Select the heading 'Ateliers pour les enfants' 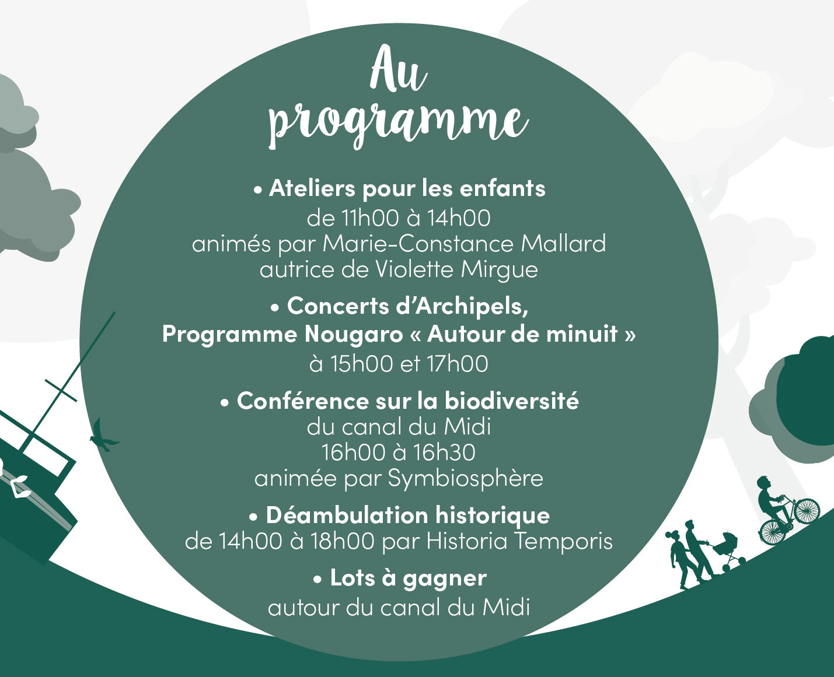click(407, 189)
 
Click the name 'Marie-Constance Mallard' click(465, 243)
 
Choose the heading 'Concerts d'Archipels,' click(407, 306)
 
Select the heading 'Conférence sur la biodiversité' click(407, 401)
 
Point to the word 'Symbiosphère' click(466, 479)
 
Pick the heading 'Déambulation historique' click(408, 515)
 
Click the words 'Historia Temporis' click(519, 541)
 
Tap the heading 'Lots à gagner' click(409, 578)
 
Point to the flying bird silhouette click(104, 436)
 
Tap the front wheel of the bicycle click(808, 510)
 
